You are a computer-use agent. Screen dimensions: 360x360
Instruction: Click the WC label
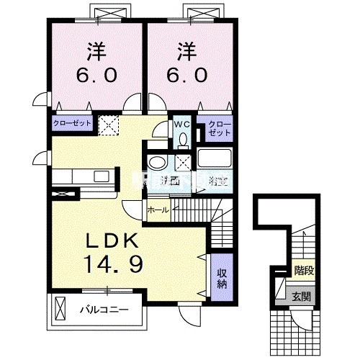(180, 123)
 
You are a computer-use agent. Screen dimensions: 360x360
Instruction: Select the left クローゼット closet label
(72, 124)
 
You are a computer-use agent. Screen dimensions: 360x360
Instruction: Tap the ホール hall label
(158, 210)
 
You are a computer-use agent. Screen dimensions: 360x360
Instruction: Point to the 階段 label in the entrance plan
(303, 271)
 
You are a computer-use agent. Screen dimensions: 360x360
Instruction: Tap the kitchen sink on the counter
(102, 176)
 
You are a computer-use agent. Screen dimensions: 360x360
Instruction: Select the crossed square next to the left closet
(107, 126)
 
